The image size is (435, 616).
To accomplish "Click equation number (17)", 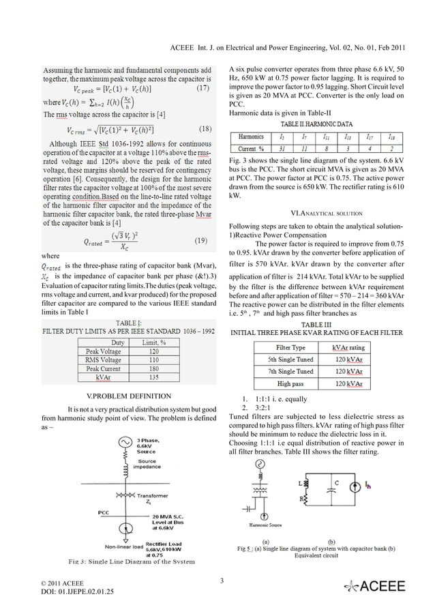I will [202, 89].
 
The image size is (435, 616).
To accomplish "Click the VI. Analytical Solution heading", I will [327, 213].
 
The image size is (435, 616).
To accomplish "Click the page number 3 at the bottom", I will [222, 581].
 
